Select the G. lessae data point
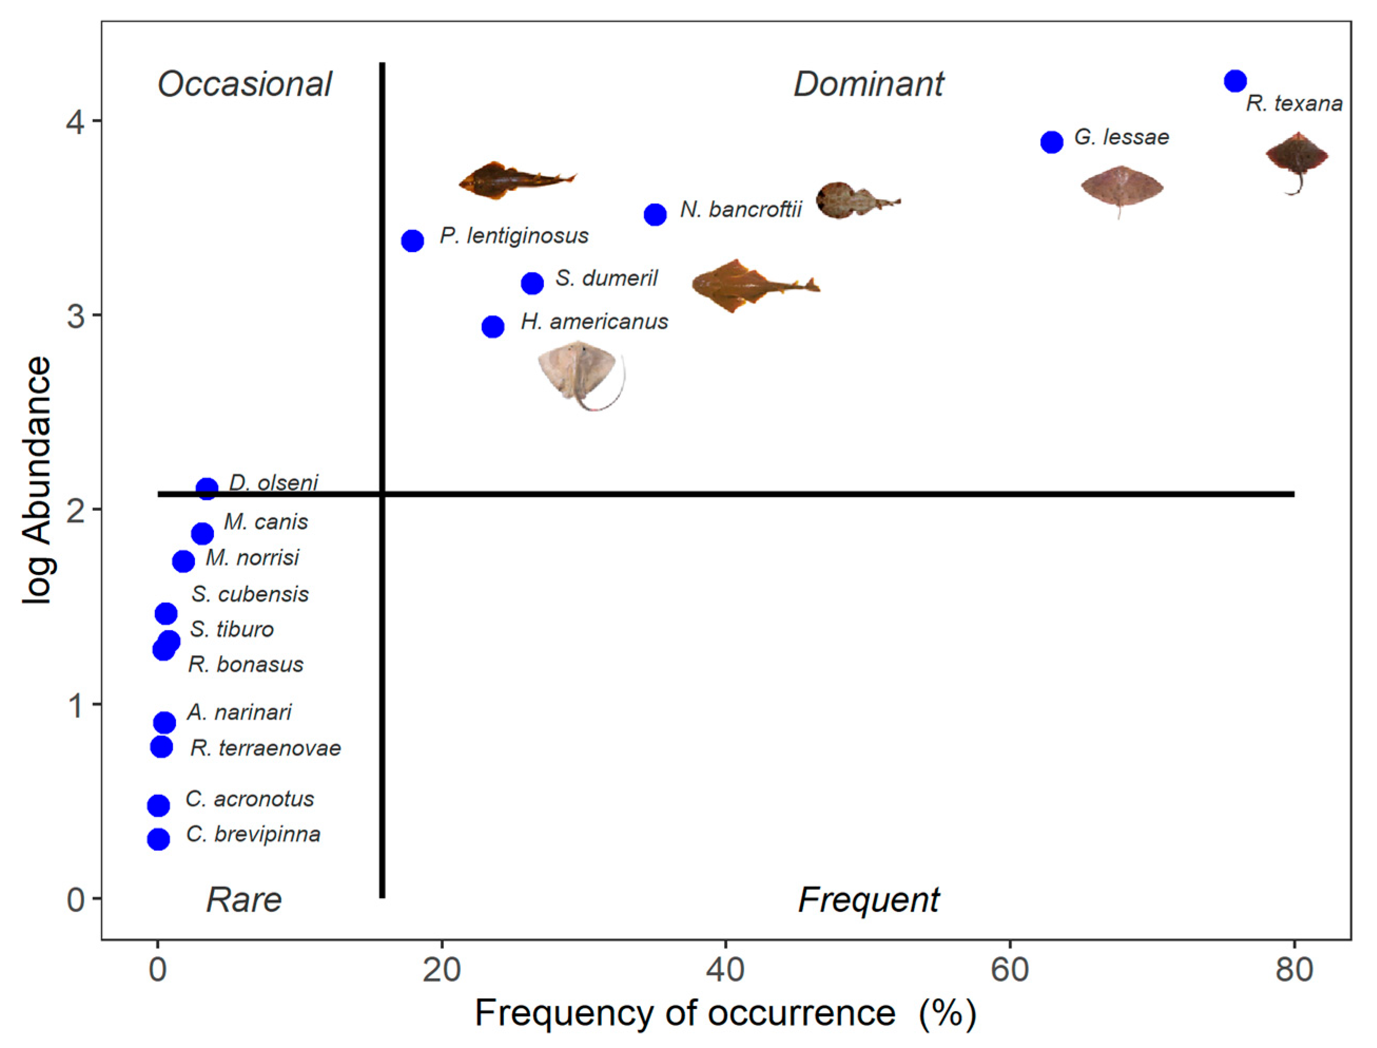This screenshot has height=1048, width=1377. click(x=1051, y=142)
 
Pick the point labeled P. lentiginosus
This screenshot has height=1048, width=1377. click(x=412, y=240)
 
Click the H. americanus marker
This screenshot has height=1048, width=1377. click(x=493, y=326)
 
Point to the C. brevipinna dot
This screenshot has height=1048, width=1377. click(x=159, y=839)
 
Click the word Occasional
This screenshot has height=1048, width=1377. click(x=245, y=84)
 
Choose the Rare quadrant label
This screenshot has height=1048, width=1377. click(x=244, y=900)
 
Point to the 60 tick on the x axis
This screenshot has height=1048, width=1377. click(x=1010, y=971)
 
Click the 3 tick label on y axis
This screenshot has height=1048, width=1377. click(x=76, y=316)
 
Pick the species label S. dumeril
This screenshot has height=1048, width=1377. click(x=606, y=278)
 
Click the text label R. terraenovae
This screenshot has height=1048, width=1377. click(x=266, y=748)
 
